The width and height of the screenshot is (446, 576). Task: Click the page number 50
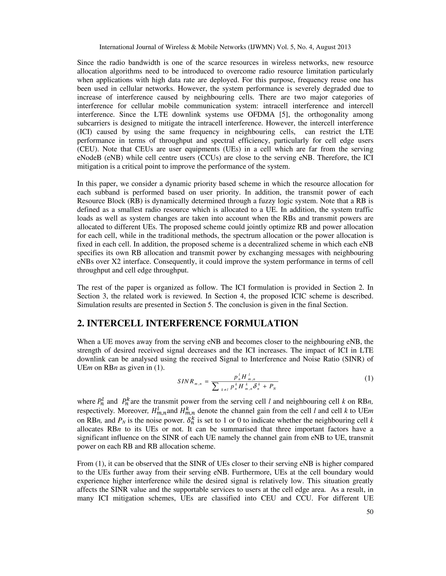[x=370, y=512]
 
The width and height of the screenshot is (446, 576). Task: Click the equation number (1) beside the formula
[x=369, y=379]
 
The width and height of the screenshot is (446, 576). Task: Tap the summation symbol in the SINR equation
[x=216, y=387]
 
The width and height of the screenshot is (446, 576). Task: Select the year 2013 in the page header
[x=342, y=47]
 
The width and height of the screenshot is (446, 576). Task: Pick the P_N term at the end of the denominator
[x=273, y=387]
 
